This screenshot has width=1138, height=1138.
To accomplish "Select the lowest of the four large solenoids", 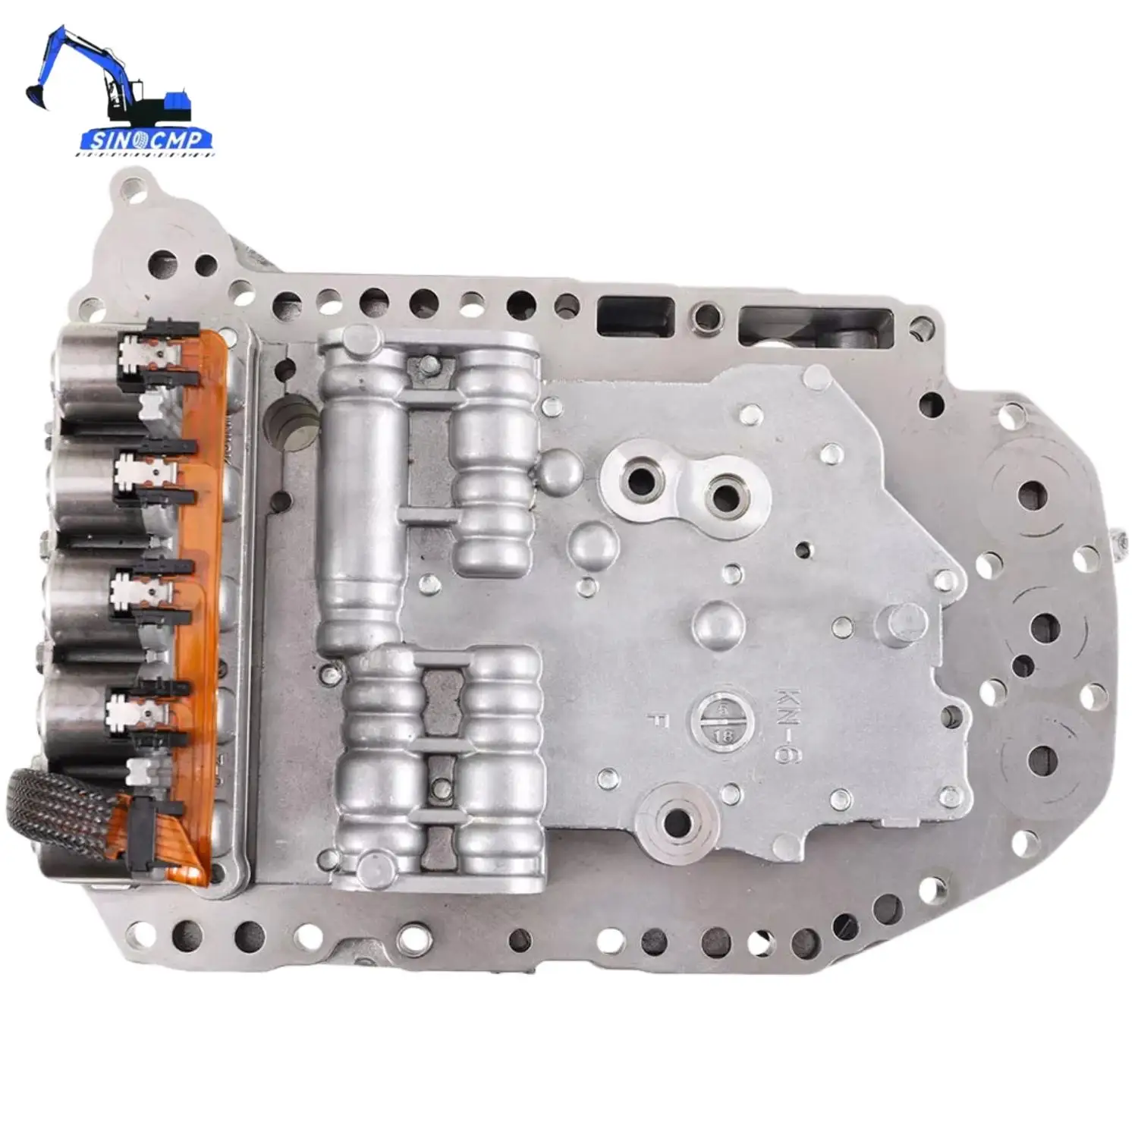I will point(76,709).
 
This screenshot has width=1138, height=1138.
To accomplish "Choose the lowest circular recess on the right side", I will point(1036,757).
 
